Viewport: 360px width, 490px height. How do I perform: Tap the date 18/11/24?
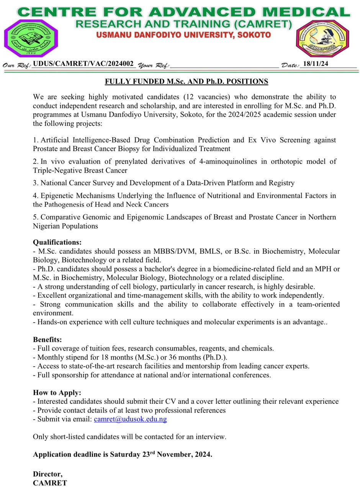coord(315,64)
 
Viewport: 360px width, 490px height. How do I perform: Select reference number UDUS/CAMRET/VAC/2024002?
coord(83,64)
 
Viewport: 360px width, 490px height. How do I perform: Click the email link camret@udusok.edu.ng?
coord(130,419)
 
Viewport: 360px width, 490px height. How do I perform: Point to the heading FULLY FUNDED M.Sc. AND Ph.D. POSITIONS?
coord(187,82)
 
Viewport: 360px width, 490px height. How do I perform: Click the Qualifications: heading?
coord(57,242)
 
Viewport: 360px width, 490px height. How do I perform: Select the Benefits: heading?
coord(47,340)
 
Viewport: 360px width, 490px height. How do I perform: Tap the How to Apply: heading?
coord(57,393)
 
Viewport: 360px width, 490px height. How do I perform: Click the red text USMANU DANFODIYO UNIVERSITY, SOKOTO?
coord(183,35)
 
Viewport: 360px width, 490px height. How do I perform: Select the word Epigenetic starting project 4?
coord(59,196)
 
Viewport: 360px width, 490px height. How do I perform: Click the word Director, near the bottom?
coord(47,474)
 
